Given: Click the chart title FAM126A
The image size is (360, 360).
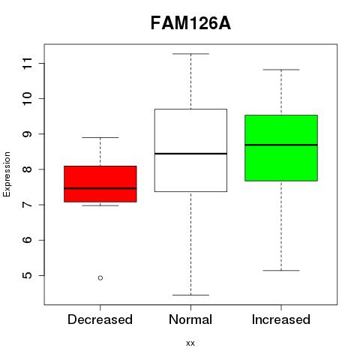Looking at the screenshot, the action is coord(190,23).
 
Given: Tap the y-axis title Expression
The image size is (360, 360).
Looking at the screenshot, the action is coord(7,174).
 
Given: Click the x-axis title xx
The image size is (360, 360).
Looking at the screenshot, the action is coord(190,343).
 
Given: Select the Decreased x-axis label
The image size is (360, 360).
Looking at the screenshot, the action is coord(100,319).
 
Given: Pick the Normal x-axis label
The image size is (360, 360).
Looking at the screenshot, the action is coord(190,319).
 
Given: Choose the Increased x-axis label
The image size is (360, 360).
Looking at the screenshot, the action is coord(281,319).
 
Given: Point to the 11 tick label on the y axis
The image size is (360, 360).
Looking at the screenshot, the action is coord(28,63).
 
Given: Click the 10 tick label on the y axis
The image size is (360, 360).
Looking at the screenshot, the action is coord(28,99).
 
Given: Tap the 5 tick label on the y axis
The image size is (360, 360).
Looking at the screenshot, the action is coord(28,275).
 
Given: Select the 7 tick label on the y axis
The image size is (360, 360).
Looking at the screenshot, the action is coord(28,205).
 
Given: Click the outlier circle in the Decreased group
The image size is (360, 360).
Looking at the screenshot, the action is coord(100,278).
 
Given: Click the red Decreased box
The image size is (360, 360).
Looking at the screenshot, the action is coord(100,184).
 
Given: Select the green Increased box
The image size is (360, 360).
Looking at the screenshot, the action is coord(281,148).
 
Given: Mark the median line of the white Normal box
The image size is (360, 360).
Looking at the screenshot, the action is coord(190,154).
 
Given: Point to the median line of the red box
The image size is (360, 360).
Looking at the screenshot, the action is coord(100,188).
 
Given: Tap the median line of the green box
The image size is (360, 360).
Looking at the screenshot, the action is coord(281,145).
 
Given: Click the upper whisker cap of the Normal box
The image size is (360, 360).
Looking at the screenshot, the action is coord(190,54).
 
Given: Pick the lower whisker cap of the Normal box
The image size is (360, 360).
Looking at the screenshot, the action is coord(190,295).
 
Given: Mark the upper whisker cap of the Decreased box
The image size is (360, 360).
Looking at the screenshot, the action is coord(100,137).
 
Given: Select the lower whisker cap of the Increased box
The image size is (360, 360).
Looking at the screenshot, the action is coord(281,271).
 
